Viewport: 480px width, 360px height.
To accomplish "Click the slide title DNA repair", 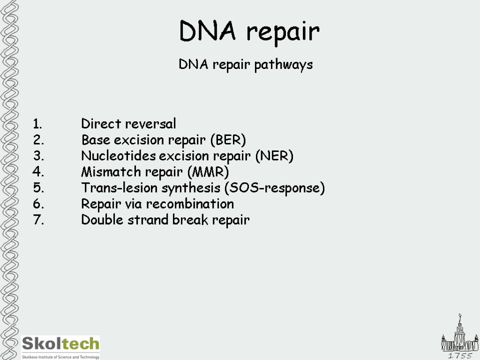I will (249, 32).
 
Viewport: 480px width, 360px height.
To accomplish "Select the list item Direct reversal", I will (128, 124).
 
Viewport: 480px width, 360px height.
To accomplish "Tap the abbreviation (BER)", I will (228, 140).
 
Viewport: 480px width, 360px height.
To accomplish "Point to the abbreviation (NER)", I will (274, 156).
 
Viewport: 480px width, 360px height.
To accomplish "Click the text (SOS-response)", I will (274, 188).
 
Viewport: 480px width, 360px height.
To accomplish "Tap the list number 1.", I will (37, 124).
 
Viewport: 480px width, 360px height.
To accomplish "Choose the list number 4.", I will (38, 172).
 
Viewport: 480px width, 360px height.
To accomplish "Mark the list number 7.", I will (38, 220).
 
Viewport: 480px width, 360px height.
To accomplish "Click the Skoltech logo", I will (61, 346).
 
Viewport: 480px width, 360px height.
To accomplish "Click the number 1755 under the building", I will (460, 356).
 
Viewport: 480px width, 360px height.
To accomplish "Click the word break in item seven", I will (190, 220).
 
